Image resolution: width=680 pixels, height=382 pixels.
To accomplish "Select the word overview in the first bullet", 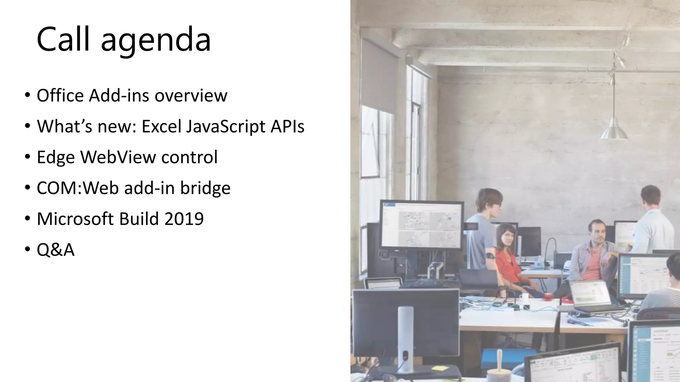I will tap(191, 96).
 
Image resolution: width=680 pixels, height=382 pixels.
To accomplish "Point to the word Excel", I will tap(161, 126).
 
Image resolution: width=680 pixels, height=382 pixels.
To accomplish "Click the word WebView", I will tap(118, 157).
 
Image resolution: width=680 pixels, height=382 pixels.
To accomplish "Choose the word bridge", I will tap(205, 188).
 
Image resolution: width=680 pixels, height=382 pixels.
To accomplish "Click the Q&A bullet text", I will tap(55, 250).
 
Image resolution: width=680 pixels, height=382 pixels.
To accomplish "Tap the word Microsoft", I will tap(75, 219).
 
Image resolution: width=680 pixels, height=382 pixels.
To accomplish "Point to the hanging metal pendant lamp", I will tap(614, 131).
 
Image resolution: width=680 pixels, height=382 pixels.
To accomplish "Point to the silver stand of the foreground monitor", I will tap(405, 338).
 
